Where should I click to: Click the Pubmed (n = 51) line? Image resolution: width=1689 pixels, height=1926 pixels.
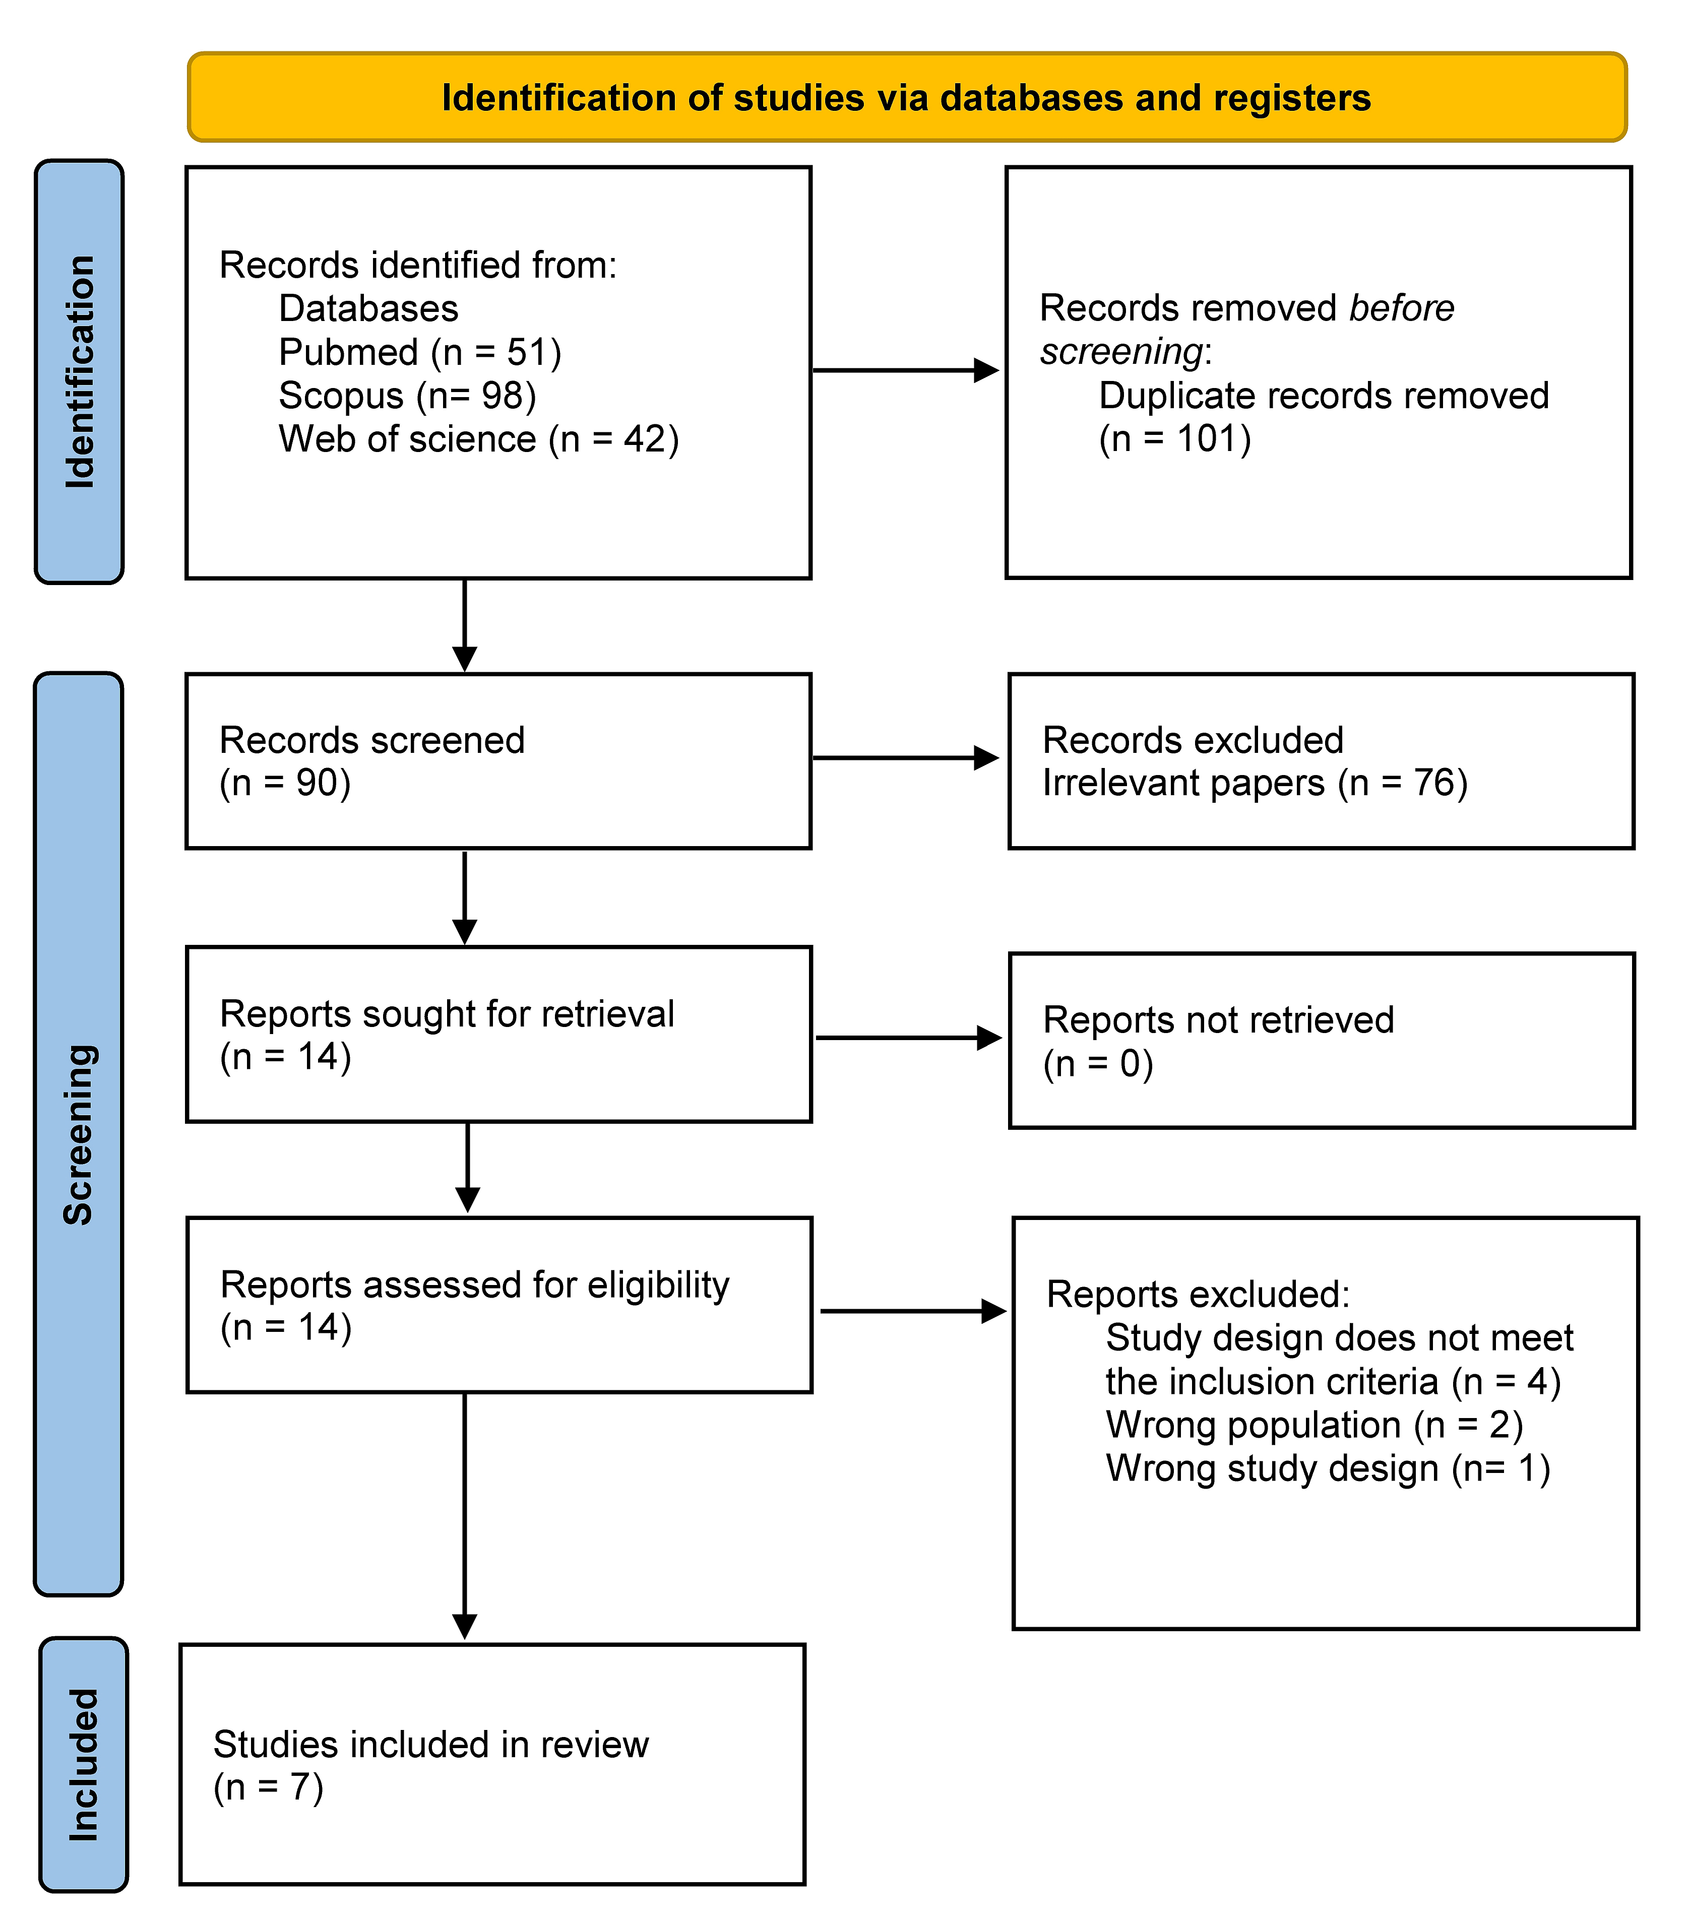click(420, 352)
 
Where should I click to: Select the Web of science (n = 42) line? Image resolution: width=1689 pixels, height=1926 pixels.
click(479, 439)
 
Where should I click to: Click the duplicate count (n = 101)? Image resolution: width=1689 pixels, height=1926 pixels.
click(1175, 439)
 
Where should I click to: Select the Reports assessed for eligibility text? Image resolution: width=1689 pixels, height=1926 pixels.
click(475, 1285)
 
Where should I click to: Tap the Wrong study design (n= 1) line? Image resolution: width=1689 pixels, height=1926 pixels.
click(1328, 1468)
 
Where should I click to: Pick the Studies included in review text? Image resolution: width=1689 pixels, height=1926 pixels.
click(431, 1745)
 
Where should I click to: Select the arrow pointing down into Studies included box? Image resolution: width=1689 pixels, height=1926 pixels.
click(465, 1517)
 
